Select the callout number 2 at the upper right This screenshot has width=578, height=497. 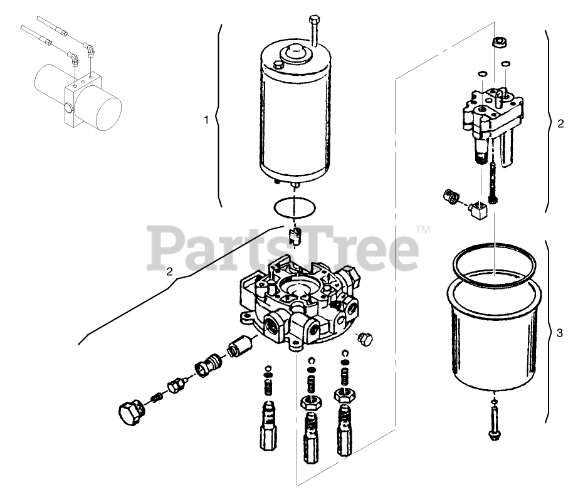click(560, 123)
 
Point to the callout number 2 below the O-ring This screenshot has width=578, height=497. click(169, 272)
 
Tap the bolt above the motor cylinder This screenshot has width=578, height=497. click(313, 28)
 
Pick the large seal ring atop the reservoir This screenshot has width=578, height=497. click(494, 263)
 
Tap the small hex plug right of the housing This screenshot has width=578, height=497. click(365, 338)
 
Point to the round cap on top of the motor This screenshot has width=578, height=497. click(294, 53)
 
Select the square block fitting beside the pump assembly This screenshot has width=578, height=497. click(478, 209)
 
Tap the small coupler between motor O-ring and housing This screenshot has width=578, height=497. click(295, 237)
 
